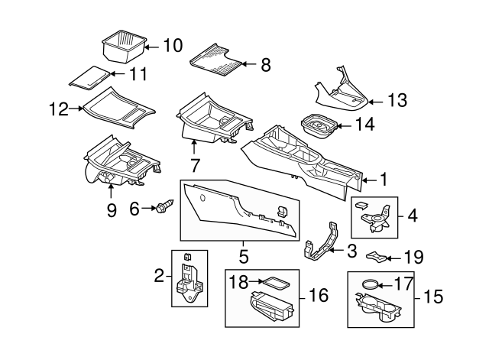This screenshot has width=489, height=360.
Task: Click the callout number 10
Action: tap(173, 45)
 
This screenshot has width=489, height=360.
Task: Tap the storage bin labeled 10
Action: tap(122, 47)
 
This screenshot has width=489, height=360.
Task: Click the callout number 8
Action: tap(265, 65)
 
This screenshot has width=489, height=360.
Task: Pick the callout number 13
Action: tap(397, 100)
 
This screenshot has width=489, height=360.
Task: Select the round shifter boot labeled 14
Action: tap(321, 126)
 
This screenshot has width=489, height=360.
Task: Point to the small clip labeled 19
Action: tap(377, 257)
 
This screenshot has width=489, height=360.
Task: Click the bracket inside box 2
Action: tap(188, 281)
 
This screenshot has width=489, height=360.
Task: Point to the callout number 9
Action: tap(112, 209)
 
